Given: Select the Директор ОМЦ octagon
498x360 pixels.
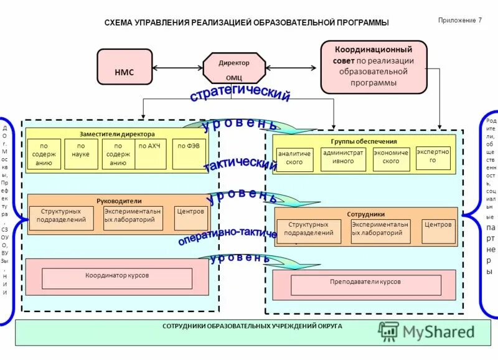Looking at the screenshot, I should [x=234, y=69].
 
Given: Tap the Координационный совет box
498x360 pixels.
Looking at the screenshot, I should [x=374, y=67].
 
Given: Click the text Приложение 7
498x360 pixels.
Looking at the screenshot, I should [x=460, y=21].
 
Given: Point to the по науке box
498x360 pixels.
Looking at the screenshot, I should [x=81, y=154].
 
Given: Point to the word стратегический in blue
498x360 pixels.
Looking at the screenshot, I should [x=240, y=95].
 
